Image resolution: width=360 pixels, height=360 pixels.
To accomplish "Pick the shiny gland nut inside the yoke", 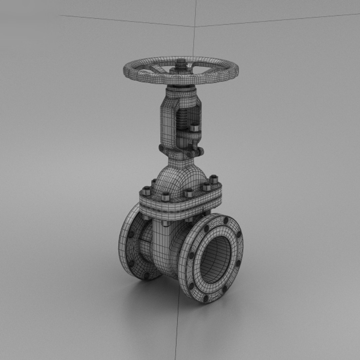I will (x=194, y=127).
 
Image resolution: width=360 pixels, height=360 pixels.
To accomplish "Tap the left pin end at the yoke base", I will (x=161, y=148).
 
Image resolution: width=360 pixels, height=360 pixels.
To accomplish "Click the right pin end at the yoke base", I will (x=200, y=152).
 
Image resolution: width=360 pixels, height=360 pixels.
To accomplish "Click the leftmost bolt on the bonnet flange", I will (x=146, y=191).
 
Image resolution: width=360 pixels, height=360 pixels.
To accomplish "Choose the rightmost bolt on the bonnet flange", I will (x=214, y=179).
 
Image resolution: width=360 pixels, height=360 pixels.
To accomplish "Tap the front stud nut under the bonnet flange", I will (x=166, y=222).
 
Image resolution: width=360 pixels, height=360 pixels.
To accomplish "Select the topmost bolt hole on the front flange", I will (x=226, y=220).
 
